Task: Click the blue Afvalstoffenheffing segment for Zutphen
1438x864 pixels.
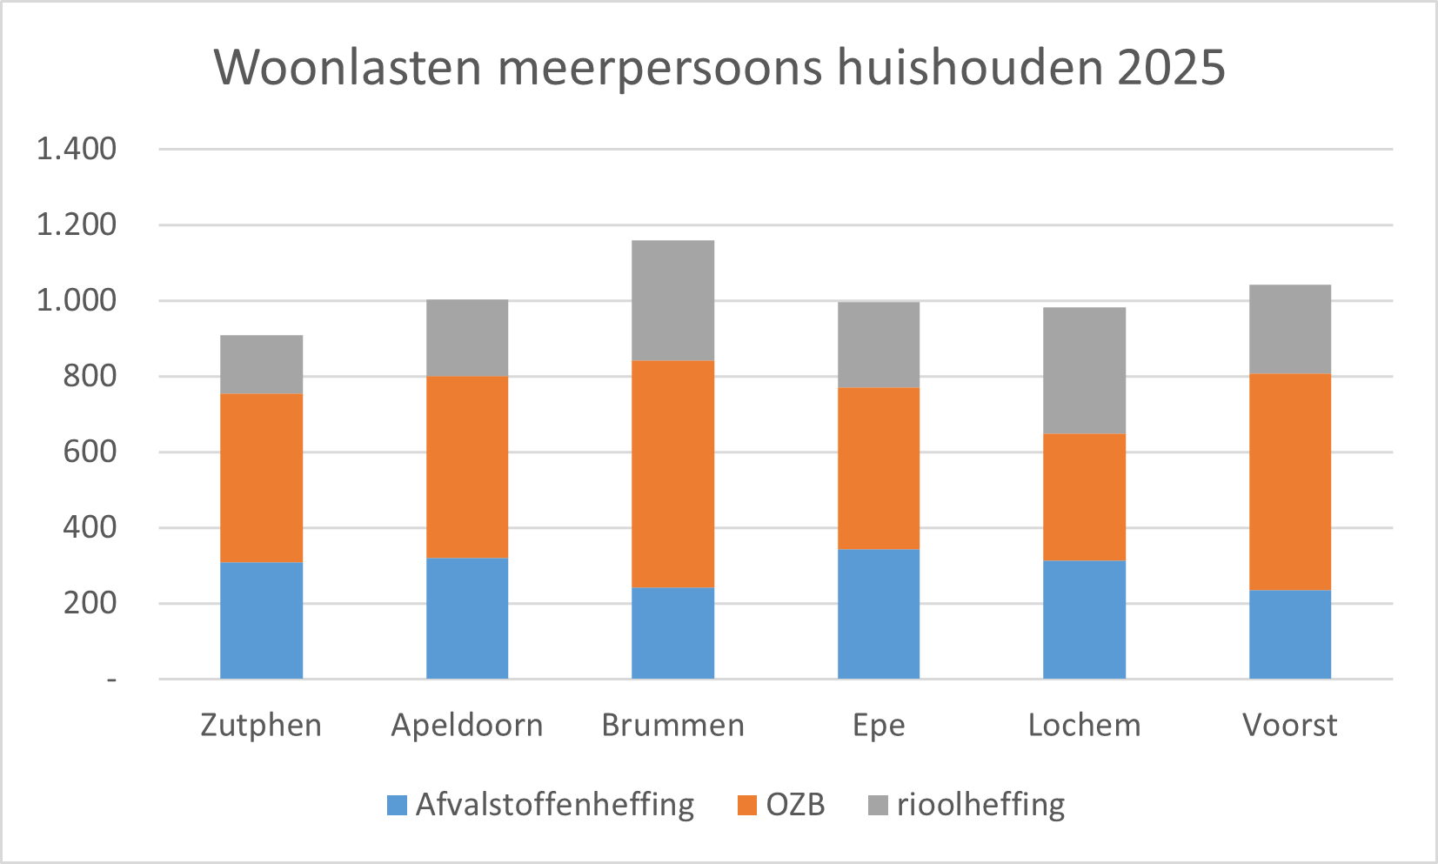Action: click(261, 620)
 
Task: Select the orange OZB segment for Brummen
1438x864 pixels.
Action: click(672, 474)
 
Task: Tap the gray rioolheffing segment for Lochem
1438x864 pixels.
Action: click(1084, 371)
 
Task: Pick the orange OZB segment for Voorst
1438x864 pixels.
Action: click(1289, 482)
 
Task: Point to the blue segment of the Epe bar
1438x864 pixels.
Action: click(878, 614)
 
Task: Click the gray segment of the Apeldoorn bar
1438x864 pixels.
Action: click(467, 338)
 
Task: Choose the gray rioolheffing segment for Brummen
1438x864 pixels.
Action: click(672, 300)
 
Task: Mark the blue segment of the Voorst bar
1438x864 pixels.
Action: click(1289, 634)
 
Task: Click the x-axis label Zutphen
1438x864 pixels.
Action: click(261, 725)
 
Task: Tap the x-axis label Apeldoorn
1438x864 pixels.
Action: click(467, 725)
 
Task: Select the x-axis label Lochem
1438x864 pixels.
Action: click(1084, 725)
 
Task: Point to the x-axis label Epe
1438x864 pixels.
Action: click(879, 725)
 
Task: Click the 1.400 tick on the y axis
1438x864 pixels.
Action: click(77, 149)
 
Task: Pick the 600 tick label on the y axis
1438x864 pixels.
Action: click(90, 452)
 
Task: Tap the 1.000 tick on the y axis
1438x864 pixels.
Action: click(77, 300)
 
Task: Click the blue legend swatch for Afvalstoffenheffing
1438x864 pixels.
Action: click(397, 805)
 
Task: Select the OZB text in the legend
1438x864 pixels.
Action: click(795, 805)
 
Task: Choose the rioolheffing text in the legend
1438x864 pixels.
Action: click(980, 805)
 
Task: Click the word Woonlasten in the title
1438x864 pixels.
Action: click(348, 67)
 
